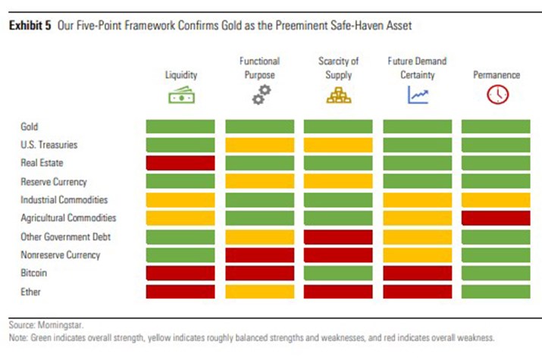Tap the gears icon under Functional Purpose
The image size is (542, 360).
[259, 95]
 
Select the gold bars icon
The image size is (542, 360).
[338, 95]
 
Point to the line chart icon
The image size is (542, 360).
[418, 95]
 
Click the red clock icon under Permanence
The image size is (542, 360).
[497, 95]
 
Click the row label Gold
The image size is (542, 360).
[30, 127]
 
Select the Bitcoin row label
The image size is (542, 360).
[33, 273]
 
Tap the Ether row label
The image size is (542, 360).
[30, 291]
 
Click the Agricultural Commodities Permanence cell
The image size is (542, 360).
[497, 218]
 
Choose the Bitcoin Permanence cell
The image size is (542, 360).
[497, 273]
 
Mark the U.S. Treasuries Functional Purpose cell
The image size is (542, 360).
[259, 145]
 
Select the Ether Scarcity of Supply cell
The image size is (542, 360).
[338, 291]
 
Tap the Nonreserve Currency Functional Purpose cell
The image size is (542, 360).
[259, 255]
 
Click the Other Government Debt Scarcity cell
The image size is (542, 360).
[338, 236]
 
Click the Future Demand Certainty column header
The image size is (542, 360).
[418, 67]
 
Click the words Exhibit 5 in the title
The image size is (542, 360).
[30, 26]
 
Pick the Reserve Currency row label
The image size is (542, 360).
[54, 181]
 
